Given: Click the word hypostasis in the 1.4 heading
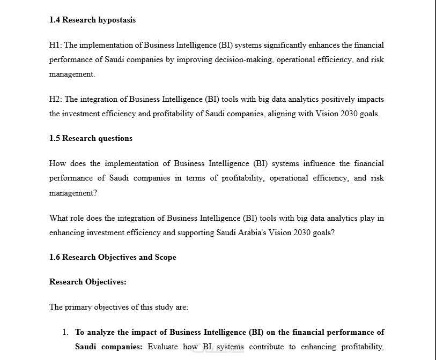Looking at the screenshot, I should (x=117, y=20).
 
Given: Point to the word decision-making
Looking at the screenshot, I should (x=244, y=60).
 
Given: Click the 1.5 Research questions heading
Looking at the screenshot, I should (x=91, y=138).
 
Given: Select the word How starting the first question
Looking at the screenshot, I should (x=57, y=163).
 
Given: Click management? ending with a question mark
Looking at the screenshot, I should (x=73, y=193).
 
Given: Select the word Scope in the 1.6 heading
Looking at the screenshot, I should (x=165, y=257).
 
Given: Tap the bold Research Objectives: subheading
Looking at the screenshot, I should (x=88, y=282).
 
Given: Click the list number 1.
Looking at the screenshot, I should (x=65, y=333).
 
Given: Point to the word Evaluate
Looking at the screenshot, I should (x=162, y=347).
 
